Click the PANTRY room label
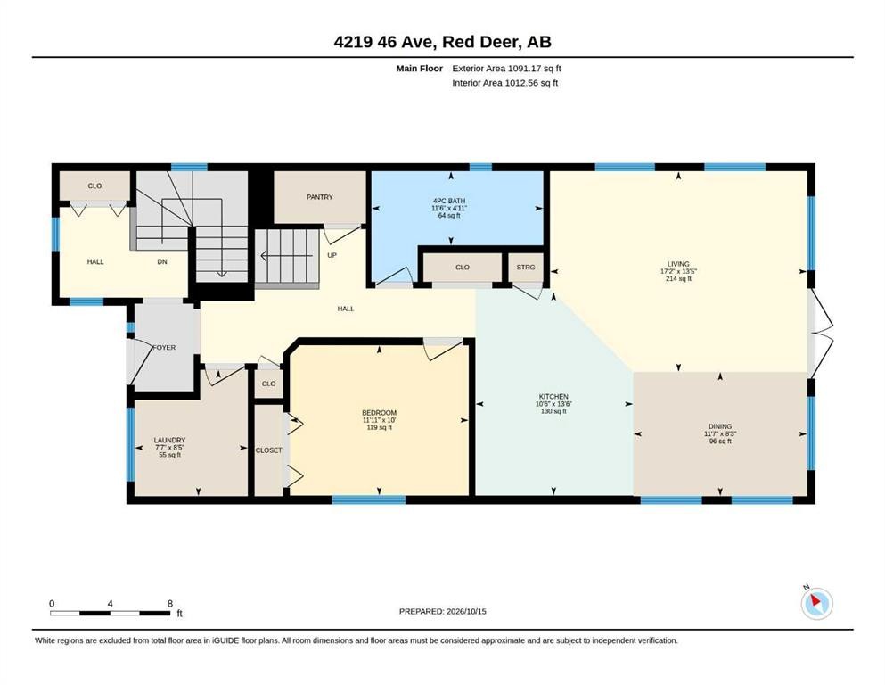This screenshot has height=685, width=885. (319, 197)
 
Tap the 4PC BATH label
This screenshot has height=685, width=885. (449, 201)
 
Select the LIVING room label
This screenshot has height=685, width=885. (678, 264)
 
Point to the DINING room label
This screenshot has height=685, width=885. (720, 426)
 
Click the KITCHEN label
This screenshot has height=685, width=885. (553, 396)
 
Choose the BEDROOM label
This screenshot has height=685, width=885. (380, 413)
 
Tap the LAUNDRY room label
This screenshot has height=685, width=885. (170, 440)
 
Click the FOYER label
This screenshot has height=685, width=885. (164, 347)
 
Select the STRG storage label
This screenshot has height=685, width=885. (526, 267)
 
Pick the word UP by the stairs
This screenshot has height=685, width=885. (332, 255)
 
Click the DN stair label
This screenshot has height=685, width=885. (162, 261)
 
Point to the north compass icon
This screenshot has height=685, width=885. (816, 603)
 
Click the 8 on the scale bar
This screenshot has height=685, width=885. (170, 603)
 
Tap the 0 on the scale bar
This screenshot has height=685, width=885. (52, 603)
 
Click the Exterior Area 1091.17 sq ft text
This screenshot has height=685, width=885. (507, 69)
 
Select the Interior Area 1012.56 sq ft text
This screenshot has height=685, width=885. (505, 82)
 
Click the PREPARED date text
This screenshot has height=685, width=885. (442, 611)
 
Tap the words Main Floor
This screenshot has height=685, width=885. (420, 69)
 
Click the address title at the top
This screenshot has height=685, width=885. (442, 42)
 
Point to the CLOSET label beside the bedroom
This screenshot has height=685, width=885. (268, 450)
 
